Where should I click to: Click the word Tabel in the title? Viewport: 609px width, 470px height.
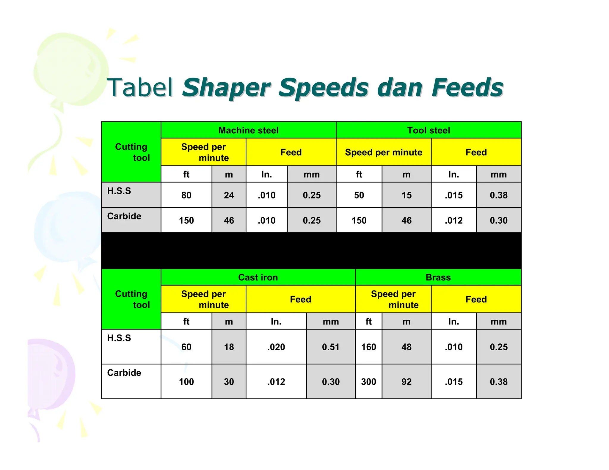click(x=140, y=88)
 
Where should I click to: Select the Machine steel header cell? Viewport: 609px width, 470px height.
click(x=248, y=130)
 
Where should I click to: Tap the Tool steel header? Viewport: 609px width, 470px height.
click(x=429, y=130)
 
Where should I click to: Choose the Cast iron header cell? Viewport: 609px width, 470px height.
click(x=258, y=277)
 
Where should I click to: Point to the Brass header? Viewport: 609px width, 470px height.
click(x=438, y=277)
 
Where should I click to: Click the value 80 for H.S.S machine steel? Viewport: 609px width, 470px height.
click(x=186, y=195)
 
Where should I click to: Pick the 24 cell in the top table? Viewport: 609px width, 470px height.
click(x=229, y=195)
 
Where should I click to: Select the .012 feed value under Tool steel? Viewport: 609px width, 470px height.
click(x=453, y=220)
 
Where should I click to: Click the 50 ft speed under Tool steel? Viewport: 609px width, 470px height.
click(x=359, y=195)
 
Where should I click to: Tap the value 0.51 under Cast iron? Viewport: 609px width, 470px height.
click(x=331, y=347)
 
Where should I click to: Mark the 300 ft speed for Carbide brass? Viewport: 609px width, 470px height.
click(x=368, y=381)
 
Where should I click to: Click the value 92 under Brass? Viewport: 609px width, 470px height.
click(x=406, y=381)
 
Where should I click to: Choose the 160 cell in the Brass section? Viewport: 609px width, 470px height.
click(x=368, y=347)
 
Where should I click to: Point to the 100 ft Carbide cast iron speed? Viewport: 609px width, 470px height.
click(x=186, y=381)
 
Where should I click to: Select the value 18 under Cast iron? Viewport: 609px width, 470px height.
click(x=229, y=347)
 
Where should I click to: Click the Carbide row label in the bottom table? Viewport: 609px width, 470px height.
click(x=124, y=373)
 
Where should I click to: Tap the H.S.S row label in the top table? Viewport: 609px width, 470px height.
click(x=119, y=191)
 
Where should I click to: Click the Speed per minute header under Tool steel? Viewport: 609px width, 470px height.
click(x=383, y=152)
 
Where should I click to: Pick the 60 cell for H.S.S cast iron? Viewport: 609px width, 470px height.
click(x=186, y=347)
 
